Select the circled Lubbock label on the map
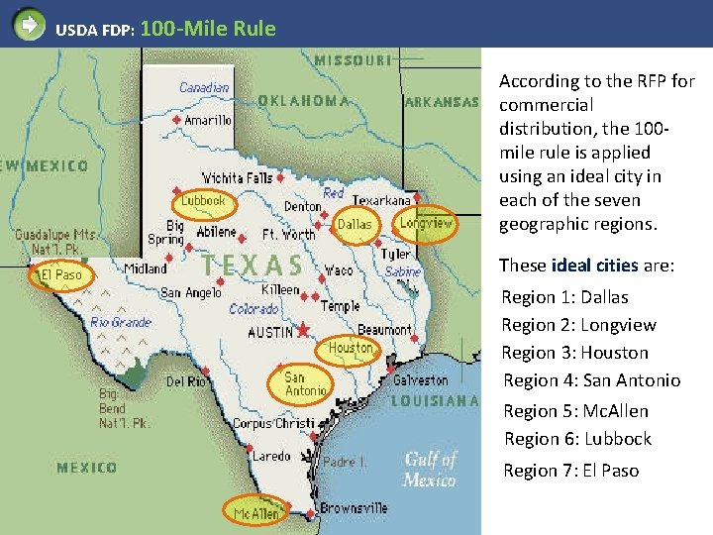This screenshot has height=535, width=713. pyautogui.click(x=203, y=200)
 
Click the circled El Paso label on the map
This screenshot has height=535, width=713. pyautogui.click(x=60, y=274)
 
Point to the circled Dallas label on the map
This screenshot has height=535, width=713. pyautogui.click(x=355, y=224)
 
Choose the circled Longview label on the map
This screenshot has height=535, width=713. pyautogui.click(x=426, y=223)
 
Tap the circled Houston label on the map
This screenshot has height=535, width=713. pyautogui.click(x=351, y=348)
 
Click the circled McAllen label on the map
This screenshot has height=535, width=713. pyautogui.click(x=256, y=513)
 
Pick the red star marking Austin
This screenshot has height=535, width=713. pyautogui.click(x=303, y=330)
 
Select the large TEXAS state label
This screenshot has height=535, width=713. pyautogui.click(x=254, y=266)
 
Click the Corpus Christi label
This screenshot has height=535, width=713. pyautogui.click(x=273, y=423)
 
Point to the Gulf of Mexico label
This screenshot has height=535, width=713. pyautogui.click(x=430, y=470)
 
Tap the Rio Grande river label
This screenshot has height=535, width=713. pyautogui.click(x=120, y=321)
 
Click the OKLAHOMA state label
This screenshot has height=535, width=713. pyautogui.click(x=303, y=100)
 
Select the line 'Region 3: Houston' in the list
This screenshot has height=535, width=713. pyautogui.click(x=574, y=353)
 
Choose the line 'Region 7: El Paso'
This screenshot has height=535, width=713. pyautogui.click(x=570, y=471)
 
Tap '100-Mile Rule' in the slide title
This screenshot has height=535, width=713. pyautogui.click(x=208, y=29)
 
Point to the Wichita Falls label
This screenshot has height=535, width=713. pyautogui.click(x=237, y=177)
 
